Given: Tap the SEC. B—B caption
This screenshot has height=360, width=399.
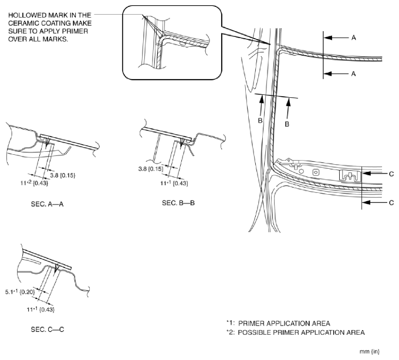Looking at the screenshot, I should click(x=178, y=201).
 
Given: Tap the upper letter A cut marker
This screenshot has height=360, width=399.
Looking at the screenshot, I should click(x=354, y=37).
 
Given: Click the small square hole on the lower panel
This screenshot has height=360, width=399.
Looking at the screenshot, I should click(x=316, y=172).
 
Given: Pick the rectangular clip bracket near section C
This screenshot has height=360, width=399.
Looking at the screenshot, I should click(x=350, y=175).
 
